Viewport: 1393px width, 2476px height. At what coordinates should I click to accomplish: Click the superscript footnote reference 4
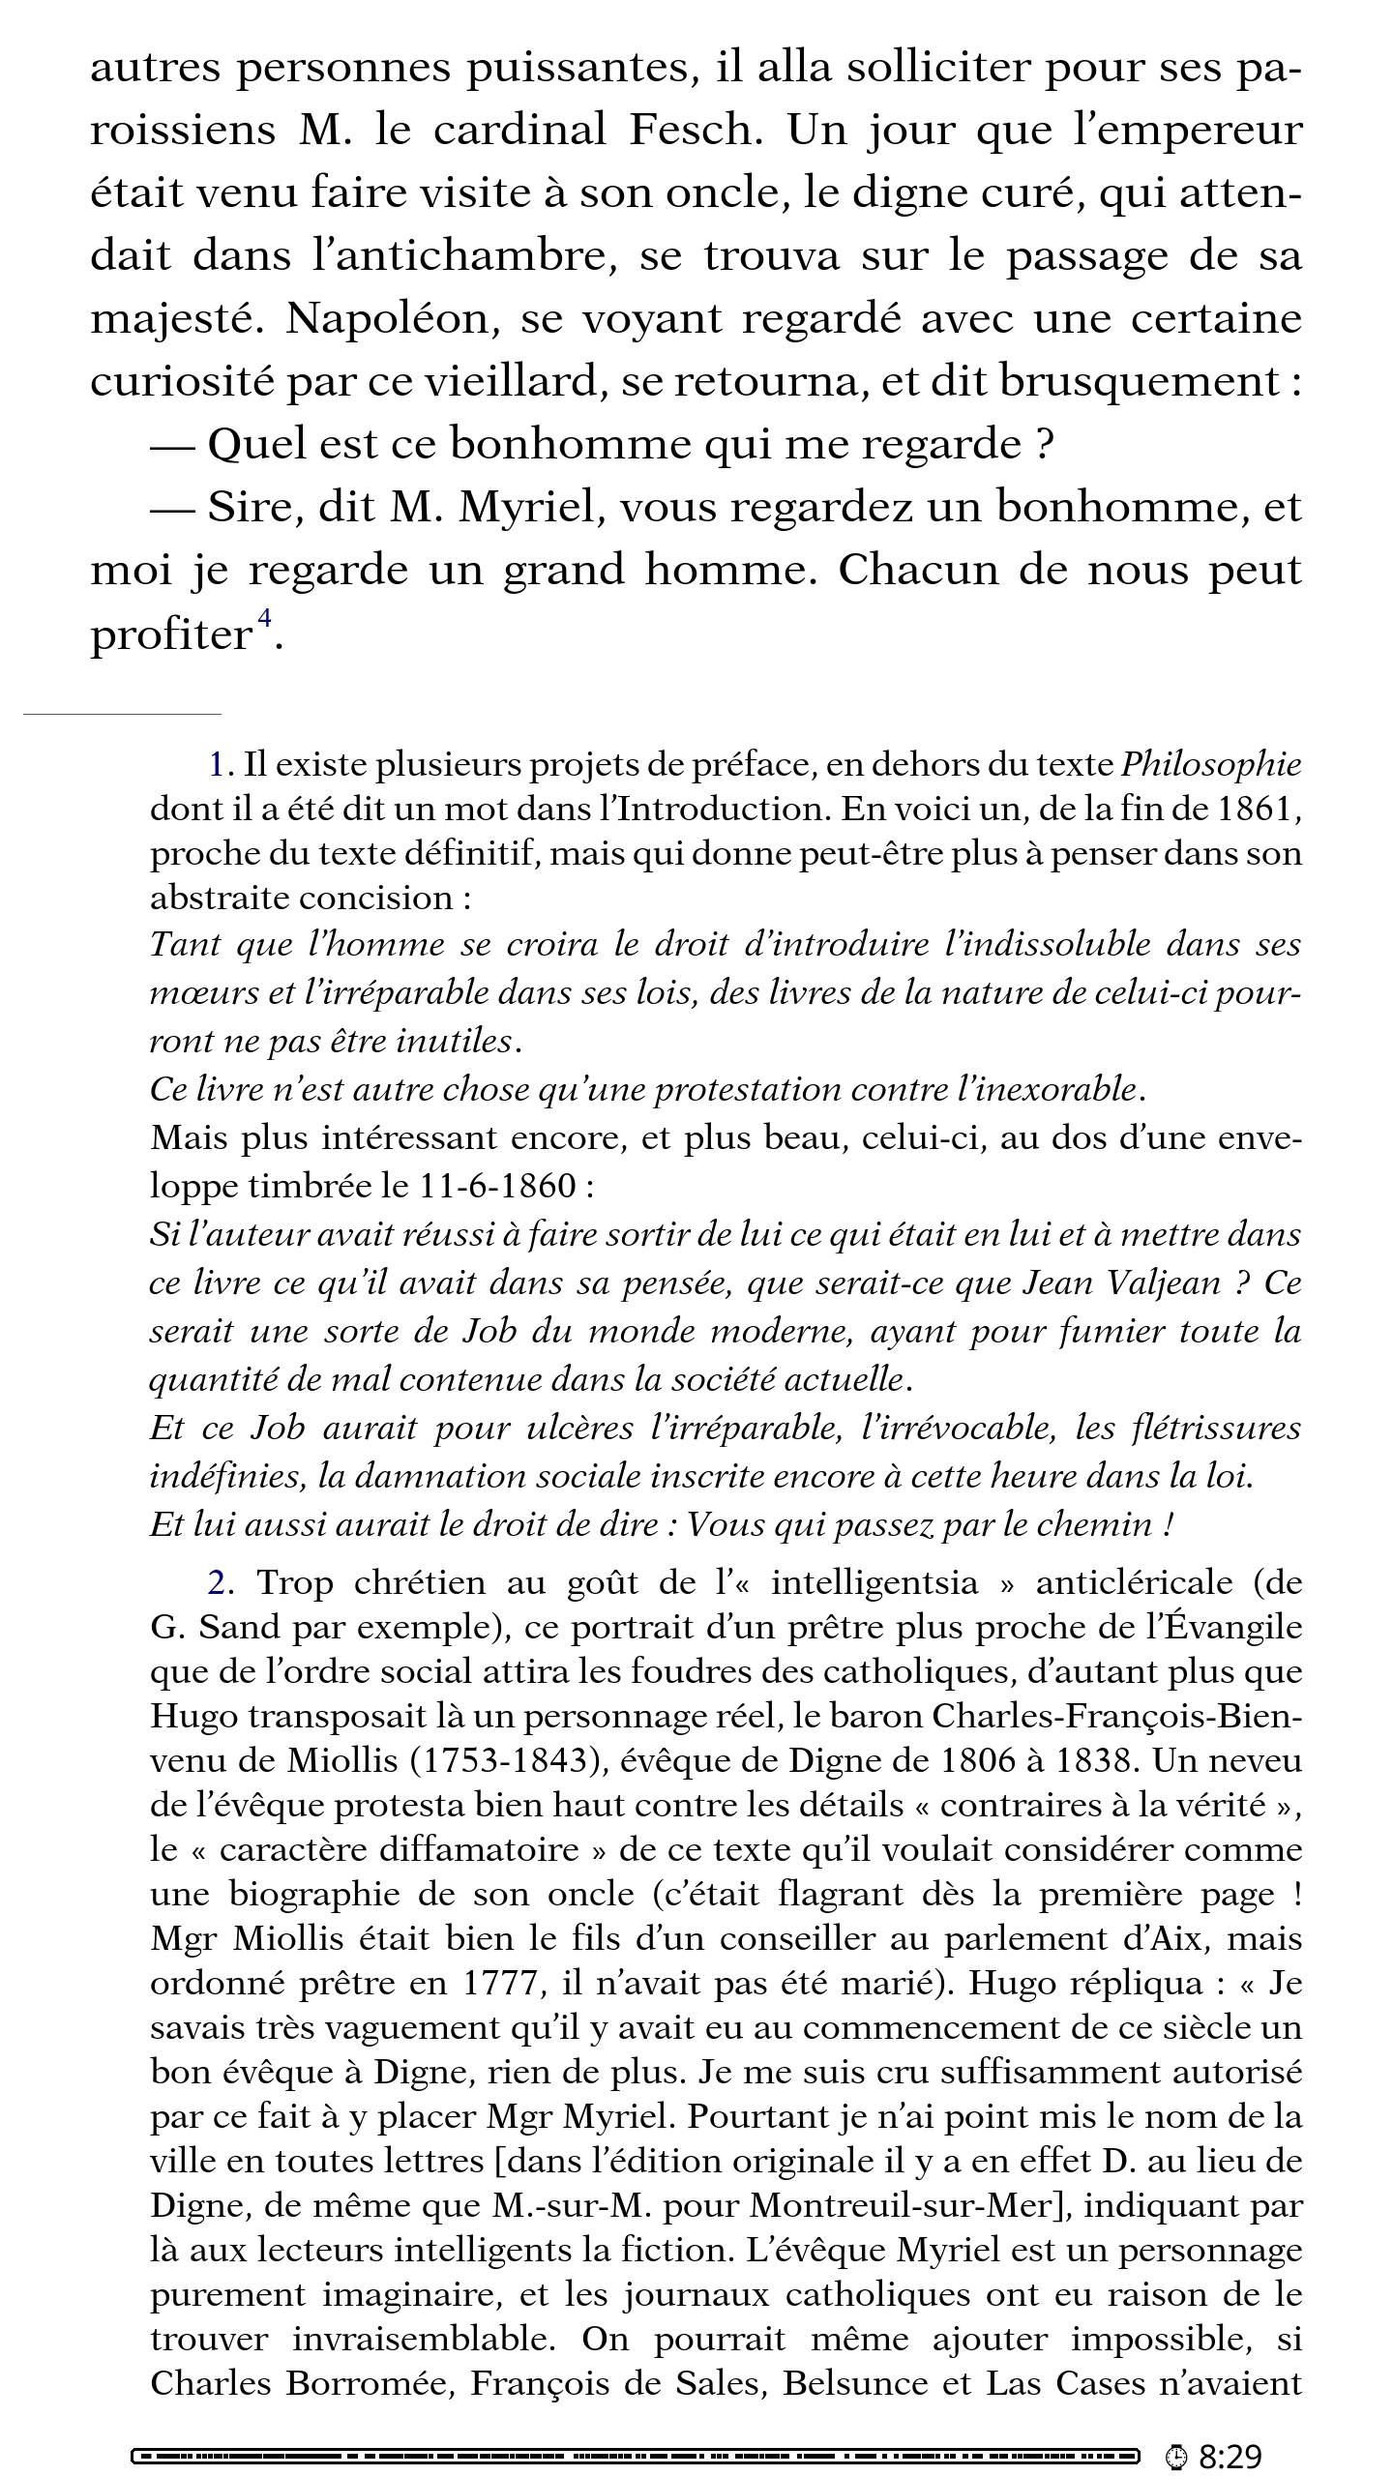tap(263, 618)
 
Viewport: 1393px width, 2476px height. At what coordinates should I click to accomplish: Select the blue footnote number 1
tap(217, 765)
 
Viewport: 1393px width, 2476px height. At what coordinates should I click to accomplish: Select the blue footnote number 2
tap(218, 1583)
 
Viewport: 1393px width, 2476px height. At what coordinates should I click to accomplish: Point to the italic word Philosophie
tap(1210, 765)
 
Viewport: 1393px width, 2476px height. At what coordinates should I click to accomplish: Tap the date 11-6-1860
tap(498, 1185)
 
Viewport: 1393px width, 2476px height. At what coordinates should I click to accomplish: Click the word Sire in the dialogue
tap(250, 508)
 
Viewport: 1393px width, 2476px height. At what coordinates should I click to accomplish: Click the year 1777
tap(499, 1984)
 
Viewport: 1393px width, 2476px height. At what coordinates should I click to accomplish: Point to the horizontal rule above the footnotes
tap(123, 714)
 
